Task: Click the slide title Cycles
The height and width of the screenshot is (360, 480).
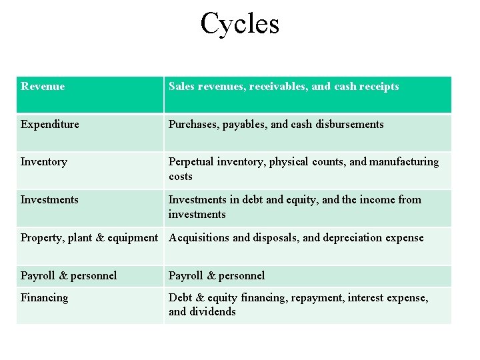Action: click(x=240, y=23)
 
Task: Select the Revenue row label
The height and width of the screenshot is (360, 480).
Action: click(x=43, y=87)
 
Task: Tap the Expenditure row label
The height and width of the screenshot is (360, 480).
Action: click(x=50, y=125)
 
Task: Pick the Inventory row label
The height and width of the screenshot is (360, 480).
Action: click(x=44, y=162)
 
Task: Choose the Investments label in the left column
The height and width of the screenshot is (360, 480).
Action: click(x=49, y=200)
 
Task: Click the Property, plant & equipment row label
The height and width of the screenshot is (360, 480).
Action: click(x=89, y=238)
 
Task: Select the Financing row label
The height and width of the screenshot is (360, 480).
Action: click(x=45, y=298)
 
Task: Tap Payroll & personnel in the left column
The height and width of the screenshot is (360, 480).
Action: click(x=69, y=276)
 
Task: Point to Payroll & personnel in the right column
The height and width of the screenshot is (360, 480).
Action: click(x=217, y=276)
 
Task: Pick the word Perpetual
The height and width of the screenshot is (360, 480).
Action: click(x=191, y=162)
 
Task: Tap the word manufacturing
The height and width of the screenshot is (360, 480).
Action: click(x=404, y=162)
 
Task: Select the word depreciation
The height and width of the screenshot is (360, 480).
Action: click(x=354, y=238)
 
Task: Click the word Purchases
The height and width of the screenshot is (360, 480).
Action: click(x=192, y=125)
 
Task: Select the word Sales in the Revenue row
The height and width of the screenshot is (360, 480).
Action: click(x=181, y=87)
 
